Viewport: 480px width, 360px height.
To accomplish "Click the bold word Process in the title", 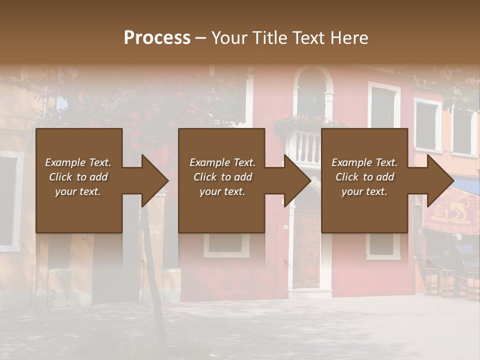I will [157, 38].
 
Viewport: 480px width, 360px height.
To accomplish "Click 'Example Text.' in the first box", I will [78, 162].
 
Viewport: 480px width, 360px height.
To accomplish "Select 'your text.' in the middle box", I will [222, 191].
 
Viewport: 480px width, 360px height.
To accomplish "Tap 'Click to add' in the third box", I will [364, 177].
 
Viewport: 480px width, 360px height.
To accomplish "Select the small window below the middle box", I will [226, 244].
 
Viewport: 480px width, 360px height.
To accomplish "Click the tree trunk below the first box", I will [154, 280].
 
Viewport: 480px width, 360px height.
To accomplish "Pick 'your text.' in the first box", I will [78, 191].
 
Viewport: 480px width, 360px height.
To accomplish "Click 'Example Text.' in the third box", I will [364, 162].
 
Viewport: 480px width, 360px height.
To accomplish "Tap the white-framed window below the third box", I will [383, 246].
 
